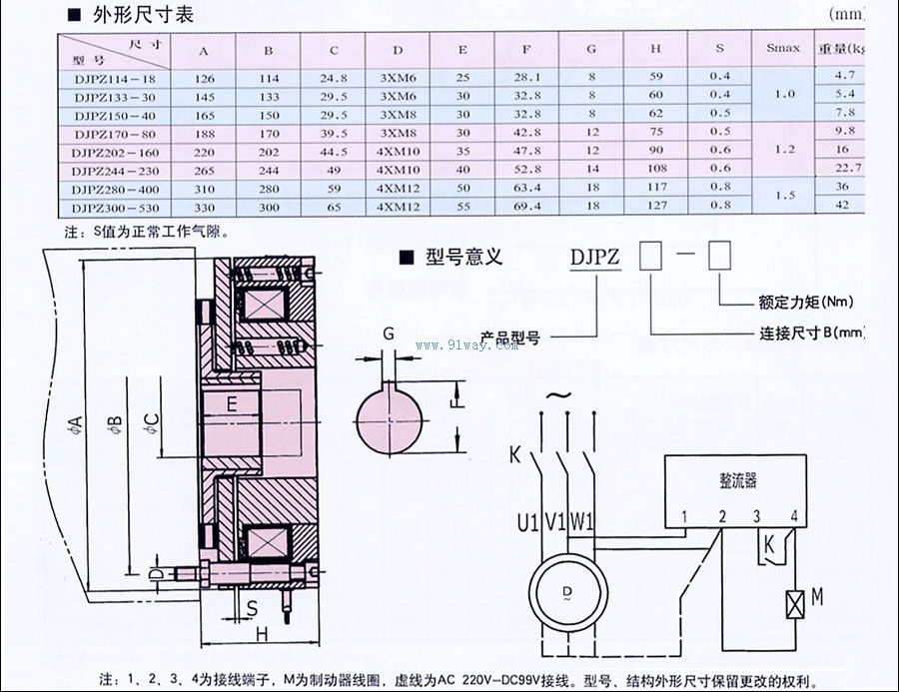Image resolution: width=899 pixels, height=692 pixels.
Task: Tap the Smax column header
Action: tap(783, 48)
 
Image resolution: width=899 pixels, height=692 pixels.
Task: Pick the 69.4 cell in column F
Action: tap(529, 206)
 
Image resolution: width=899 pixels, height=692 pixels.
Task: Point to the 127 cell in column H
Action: tap(655, 206)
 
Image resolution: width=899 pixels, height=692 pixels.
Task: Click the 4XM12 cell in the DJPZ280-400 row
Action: tap(398, 187)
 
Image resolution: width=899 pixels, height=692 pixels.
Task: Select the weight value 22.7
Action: tap(846, 167)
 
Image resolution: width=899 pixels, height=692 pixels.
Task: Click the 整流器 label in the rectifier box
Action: tap(737, 480)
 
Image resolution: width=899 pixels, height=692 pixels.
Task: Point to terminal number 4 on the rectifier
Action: tap(793, 516)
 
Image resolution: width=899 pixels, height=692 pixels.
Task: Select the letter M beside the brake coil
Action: tap(816, 598)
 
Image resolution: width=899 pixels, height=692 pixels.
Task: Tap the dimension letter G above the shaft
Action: tap(388, 335)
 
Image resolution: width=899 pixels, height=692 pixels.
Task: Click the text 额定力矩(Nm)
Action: tap(798, 302)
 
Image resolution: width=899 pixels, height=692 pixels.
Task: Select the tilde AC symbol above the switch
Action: tap(559, 395)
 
